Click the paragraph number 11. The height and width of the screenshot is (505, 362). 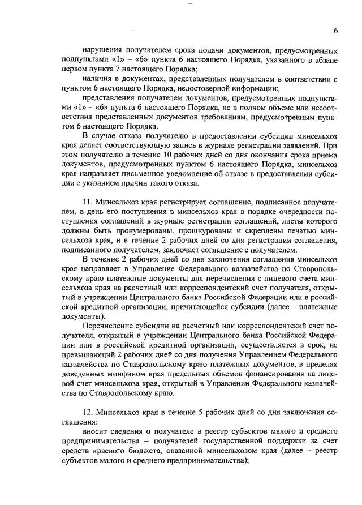(x=87, y=202)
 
